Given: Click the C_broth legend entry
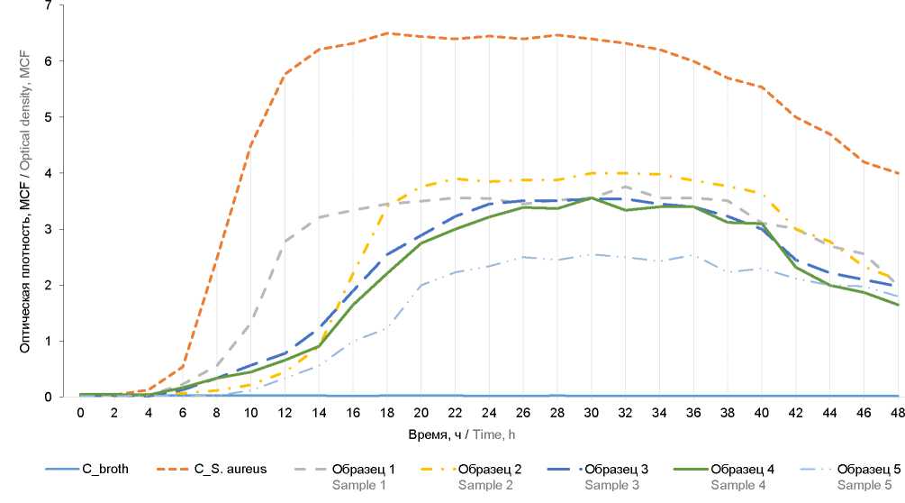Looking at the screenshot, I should (103, 469).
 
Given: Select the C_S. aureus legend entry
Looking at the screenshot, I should (230, 469).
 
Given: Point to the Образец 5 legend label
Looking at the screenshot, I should (865, 469).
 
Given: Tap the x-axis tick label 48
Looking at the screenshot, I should (898, 413).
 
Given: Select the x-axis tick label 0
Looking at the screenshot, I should (80, 413).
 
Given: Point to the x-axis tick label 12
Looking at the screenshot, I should (285, 413).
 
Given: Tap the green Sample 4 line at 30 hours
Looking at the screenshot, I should (592, 198).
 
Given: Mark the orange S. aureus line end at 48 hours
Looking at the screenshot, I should (898, 173).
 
